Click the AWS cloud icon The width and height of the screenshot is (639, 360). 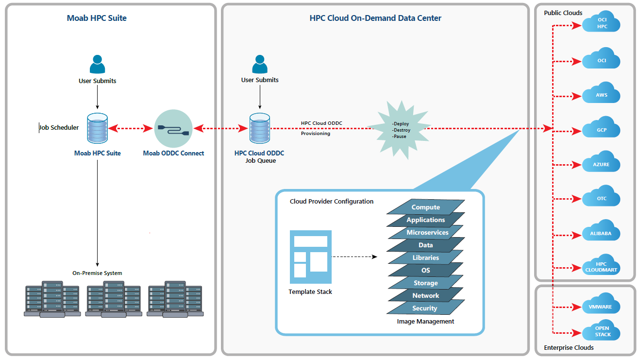point(602,94)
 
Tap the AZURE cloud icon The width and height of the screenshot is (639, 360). point(602,163)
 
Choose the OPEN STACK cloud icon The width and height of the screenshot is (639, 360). point(602,331)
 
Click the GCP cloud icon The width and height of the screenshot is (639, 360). point(602,129)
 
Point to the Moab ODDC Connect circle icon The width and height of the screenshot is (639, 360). point(174,129)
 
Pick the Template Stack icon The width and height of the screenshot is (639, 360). point(311,257)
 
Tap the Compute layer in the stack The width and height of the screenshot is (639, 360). point(426,207)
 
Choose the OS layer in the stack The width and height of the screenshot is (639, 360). point(426,270)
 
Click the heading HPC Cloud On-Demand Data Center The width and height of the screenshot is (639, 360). point(375,18)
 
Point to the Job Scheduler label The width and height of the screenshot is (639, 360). point(59,128)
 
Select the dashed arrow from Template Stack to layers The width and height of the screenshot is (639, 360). point(355,257)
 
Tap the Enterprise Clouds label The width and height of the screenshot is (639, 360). point(569,348)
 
